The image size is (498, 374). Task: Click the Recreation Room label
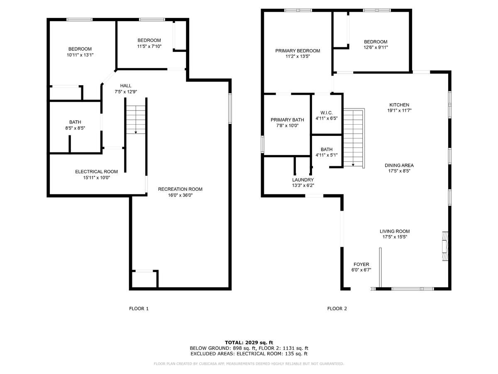(180, 189)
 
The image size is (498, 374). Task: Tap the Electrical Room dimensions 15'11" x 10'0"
(96, 178)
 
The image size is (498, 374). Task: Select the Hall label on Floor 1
(126, 86)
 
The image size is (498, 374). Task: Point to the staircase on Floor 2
(354, 138)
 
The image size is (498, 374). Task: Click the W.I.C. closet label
(327, 113)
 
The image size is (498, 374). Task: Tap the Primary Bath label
(287, 120)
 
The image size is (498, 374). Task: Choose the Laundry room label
(303, 180)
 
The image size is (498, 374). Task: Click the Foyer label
(361, 264)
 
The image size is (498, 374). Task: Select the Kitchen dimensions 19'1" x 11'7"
(399, 111)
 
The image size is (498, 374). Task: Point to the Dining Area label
(399, 165)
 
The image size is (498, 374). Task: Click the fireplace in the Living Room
(445, 246)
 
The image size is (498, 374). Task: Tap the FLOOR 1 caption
(139, 309)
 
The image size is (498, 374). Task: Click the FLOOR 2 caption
(337, 309)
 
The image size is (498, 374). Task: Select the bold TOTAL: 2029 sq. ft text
(249, 342)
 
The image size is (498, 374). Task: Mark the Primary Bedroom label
(298, 51)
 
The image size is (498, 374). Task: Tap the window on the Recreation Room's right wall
(230, 108)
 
